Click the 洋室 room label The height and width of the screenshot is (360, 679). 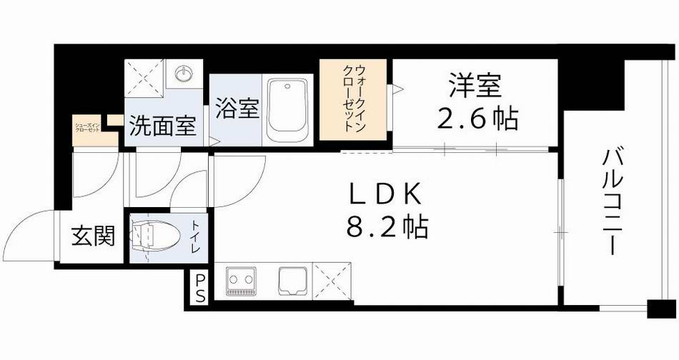coord(475,86)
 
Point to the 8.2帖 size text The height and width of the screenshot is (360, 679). coord(387,228)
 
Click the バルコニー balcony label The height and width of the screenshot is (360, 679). coord(610,202)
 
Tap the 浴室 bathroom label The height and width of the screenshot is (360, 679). coord(237,111)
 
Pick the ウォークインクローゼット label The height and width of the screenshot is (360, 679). coord(354,99)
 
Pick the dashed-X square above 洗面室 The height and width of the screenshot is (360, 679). coord(147,77)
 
